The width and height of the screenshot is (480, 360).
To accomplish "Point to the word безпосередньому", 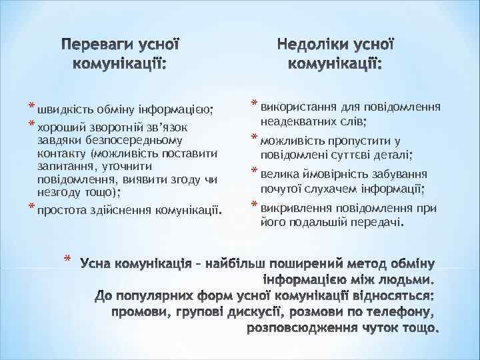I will tap(127, 141).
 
